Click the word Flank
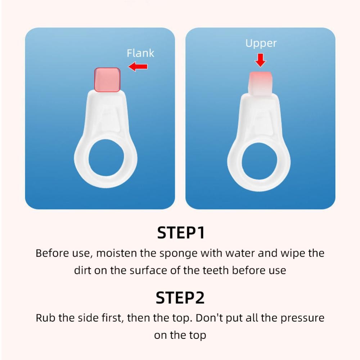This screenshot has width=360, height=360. [x=140, y=53]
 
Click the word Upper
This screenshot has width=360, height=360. [x=261, y=44]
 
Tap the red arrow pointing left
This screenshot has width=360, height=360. [x=138, y=67]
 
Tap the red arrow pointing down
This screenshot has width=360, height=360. [x=260, y=60]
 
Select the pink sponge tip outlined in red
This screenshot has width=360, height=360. [x=107, y=80]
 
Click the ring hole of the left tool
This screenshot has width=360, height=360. [x=106, y=158]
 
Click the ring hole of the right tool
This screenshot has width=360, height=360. [x=260, y=161]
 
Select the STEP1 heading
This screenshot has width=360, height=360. [x=181, y=233]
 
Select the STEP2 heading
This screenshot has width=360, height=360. [x=180, y=298]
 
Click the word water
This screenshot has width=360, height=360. [x=240, y=253]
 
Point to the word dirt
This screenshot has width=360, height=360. [x=82, y=270]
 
